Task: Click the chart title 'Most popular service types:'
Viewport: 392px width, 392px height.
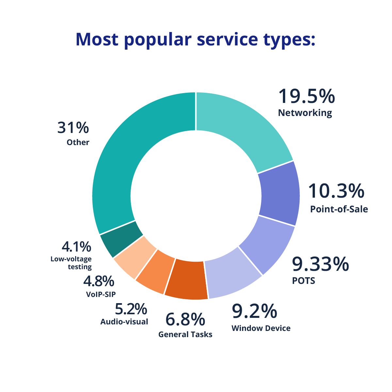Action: click(x=195, y=39)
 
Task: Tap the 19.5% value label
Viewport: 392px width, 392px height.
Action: click(x=306, y=97)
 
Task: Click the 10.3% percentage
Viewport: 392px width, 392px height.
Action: click(x=336, y=191)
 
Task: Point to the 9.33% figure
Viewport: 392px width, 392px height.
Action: click(x=320, y=265)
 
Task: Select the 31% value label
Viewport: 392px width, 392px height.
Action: click(x=73, y=128)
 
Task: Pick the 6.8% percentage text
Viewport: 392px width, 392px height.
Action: click(x=185, y=320)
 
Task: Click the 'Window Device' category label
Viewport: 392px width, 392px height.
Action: click(x=261, y=328)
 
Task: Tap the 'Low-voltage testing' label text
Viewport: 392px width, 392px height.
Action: click(x=72, y=263)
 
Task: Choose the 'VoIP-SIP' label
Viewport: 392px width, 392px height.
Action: click(x=101, y=294)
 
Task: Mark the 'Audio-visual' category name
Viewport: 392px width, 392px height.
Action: click(x=124, y=322)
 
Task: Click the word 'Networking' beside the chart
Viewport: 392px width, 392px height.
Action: click(x=305, y=113)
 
